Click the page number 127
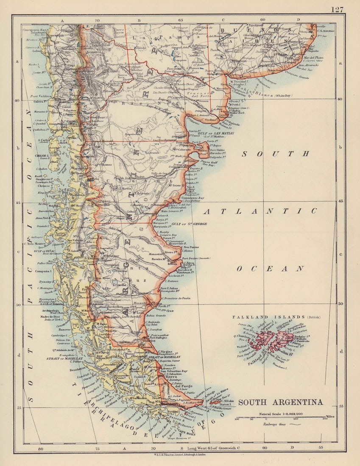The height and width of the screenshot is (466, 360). (337, 9)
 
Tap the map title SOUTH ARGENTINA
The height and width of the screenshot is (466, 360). (280, 402)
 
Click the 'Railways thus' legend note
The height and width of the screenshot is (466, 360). (276, 424)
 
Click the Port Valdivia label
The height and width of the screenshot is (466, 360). (41, 96)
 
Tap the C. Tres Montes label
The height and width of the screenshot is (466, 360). (35, 244)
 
